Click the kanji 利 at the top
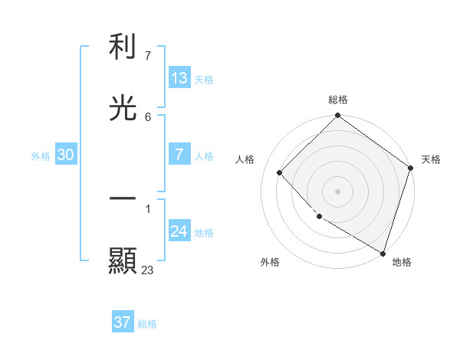coord(123,47)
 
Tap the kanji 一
coord(123,198)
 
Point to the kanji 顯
coord(123,260)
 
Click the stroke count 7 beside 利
coord(148,56)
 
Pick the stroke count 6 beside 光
coord(148,116)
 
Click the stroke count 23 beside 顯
coord(148,269)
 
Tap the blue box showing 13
coord(179,78)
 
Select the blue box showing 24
coord(179,231)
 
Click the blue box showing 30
coord(66,155)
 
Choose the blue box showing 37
coord(122,322)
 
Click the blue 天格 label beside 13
coord(204,80)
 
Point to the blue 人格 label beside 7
coord(204,156)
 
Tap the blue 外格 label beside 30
coord(41,156)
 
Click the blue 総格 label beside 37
coord(147,324)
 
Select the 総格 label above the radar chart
coord(338,100)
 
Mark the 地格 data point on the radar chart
coord(383,252)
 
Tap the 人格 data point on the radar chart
coord(280,172)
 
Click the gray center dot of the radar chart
coord(338,191)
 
